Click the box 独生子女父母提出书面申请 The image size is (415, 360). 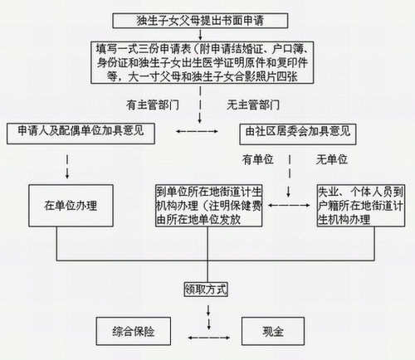point(200,21)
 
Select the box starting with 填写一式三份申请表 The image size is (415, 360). point(203,62)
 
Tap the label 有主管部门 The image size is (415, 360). point(153,105)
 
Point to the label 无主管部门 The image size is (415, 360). point(253,105)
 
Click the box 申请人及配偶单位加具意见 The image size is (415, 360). point(81,134)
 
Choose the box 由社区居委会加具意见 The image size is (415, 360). point(298,134)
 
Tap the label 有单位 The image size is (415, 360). point(258,159)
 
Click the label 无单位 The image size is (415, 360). point(332,159)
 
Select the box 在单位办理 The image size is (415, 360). point(71,206)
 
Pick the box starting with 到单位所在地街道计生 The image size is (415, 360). point(209,206)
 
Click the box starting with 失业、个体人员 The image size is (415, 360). point(361,206)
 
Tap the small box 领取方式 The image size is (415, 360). point(206,289)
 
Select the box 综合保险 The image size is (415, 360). point(134,331)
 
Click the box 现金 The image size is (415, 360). point(273,331)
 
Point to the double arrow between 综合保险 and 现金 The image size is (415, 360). point(209,338)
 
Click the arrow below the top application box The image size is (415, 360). point(200,35)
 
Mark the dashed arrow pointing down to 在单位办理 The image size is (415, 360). point(67,167)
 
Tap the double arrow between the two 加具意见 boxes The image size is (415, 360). point(197,131)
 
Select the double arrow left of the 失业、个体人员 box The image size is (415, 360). point(289,205)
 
